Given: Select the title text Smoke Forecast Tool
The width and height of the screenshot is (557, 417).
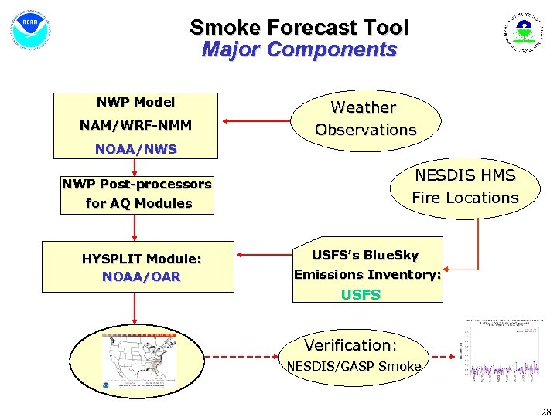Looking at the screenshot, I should pos(299,28).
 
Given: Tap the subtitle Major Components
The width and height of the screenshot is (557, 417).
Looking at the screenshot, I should pos(299,50).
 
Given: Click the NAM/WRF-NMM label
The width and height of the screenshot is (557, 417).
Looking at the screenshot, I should pos(135,125).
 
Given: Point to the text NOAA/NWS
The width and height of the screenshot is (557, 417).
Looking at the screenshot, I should pos(135,149).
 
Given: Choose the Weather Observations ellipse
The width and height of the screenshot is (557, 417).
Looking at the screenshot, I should pos(365,119).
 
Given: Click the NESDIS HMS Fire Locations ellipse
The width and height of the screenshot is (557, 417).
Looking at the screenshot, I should pos(464,187).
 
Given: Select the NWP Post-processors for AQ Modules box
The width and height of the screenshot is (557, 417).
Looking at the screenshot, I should pos(135,194).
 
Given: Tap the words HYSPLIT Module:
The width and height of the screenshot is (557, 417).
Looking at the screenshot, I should pos(142,259).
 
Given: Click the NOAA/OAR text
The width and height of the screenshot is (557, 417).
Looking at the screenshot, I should pos(142,276).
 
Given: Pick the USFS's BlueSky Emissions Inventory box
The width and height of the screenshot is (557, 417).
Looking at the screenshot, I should pos(367,265).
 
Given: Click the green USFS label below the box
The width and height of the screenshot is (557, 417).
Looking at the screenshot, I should pos(361,294).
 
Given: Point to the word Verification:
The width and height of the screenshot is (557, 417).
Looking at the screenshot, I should pos(350,345).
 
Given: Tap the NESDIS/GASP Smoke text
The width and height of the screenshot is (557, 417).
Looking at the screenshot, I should pos(354,366).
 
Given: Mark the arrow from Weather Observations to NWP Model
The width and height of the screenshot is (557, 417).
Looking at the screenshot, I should pos(255,120).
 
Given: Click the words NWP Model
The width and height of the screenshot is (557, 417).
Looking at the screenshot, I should pos(135,102).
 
